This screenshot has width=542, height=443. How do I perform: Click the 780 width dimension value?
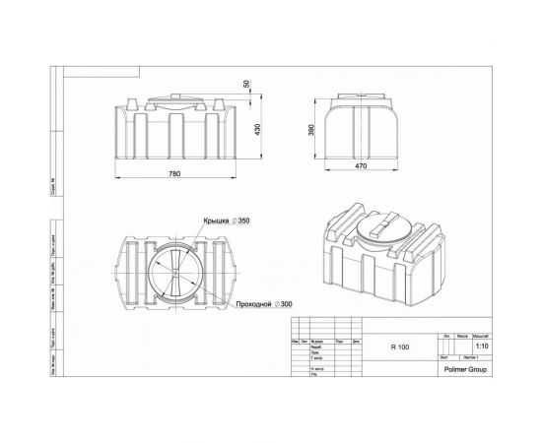pos(174,173)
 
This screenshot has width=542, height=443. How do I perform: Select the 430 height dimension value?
pos(257,131)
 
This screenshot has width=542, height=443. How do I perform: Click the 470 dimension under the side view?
pos(361,165)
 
